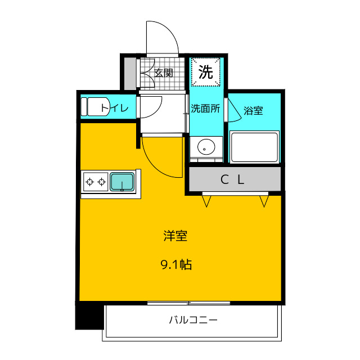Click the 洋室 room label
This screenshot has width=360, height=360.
point(175,236)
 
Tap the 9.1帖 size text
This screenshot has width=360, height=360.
point(176,264)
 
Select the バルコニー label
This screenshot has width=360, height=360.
point(193,319)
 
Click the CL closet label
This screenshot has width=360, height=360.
point(232,180)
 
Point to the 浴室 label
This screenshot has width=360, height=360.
point(253,111)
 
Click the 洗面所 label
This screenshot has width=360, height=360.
point(205,109)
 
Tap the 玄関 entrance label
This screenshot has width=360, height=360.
point(164,73)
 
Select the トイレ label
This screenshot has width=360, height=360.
point(115,108)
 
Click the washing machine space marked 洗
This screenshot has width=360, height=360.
point(206,72)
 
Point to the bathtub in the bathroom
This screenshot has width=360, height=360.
point(254,147)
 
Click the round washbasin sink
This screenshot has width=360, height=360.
point(206,147)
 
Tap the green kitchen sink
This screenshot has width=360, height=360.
point(122,182)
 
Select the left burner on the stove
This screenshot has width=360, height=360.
point(90,182)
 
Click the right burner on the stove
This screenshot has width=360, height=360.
point(101,182)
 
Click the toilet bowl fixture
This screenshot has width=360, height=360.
point(95,107)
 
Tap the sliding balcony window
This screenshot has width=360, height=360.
point(188,303)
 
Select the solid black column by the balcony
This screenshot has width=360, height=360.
point(89,317)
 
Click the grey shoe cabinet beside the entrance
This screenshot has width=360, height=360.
point(130,74)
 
